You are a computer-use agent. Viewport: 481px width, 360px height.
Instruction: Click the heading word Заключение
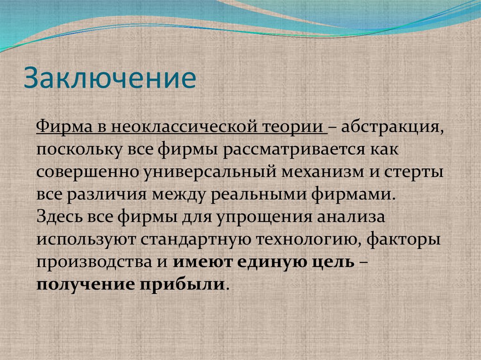coord(110,78)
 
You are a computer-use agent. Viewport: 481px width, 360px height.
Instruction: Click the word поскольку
coord(78,150)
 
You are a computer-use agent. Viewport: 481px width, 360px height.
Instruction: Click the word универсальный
coord(208,172)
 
